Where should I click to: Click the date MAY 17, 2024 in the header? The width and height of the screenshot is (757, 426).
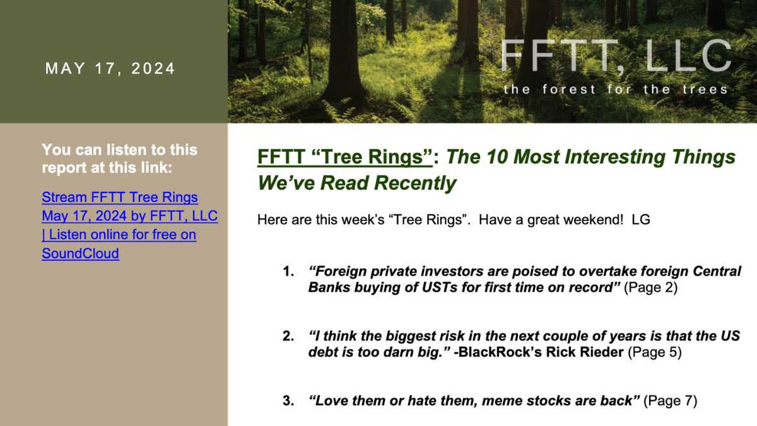pyautogui.click(x=110, y=69)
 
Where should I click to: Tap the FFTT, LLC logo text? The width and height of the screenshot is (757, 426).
pyautogui.click(x=616, y=56)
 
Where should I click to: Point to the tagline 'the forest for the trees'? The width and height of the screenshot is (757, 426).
pyautogui.click(x=616, y=89)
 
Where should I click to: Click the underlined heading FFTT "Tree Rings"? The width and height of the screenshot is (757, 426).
pyautogui.click(x=344, y=157)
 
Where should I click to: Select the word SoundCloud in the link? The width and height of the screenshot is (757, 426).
pyautogui.click(x=81, y=253)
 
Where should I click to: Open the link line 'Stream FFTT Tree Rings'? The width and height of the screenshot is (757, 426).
pyautogui.click(x=120, y=197)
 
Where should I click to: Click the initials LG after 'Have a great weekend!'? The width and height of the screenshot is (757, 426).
pyautogui.click(x=641, y=220)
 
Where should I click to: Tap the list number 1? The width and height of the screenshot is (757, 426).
pyautogui.click(x=288, y=271)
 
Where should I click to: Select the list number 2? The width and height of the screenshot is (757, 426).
pyautogui.click(x=288, y=336)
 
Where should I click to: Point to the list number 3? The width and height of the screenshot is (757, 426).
pyautogui.click(x=288, y=401)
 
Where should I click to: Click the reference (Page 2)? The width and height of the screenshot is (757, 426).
pyautogui.click(x=650, y=288)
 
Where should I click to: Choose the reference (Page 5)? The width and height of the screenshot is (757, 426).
pyautogui.click(x=655, y=352)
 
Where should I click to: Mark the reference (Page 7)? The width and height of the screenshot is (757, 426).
pyautogui.click(x=670, y=401)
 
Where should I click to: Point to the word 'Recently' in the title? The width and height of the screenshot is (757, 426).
pyautogui.click(x=415, y=183)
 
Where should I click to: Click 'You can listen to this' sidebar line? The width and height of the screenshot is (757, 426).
pyautogui.click(x=120, y=150)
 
